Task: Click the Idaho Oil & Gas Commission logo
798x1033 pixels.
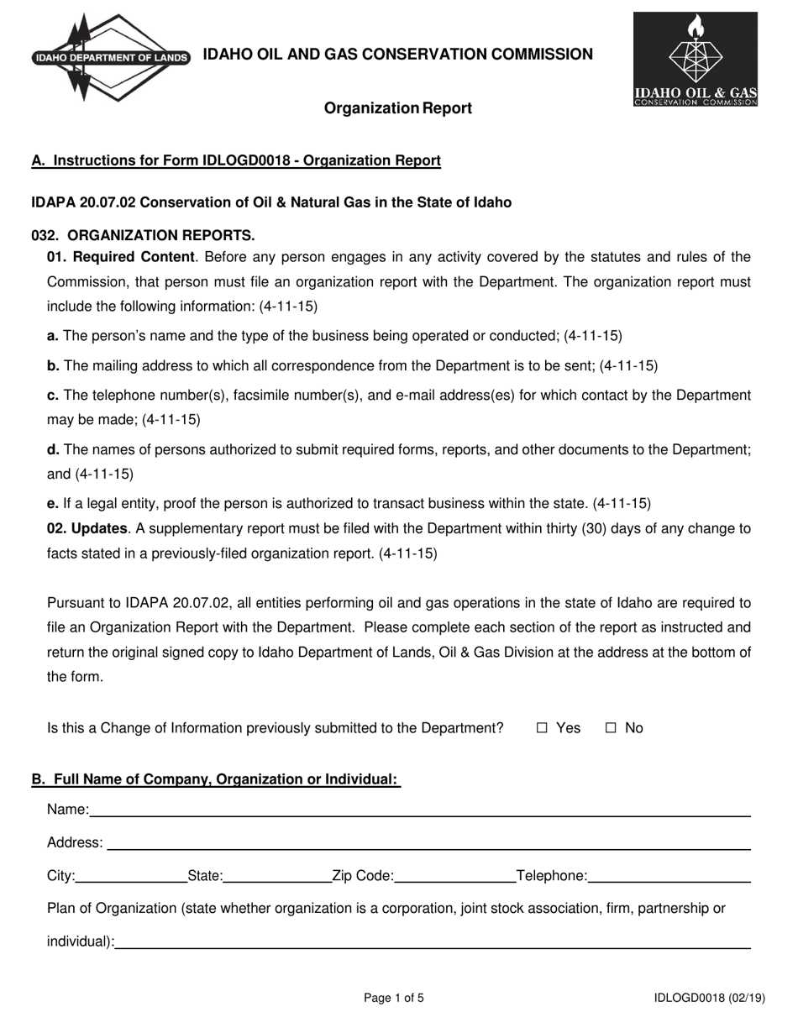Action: coord(696,60)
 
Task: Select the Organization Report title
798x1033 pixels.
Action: coord(398,108)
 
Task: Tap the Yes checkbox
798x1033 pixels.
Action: coord(542,728)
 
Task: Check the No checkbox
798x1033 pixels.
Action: coord(612,728)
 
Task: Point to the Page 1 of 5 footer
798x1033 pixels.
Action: coord(394,999)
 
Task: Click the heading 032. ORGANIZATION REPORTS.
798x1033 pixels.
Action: coord(143,235)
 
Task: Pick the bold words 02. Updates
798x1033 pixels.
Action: coord(87,529)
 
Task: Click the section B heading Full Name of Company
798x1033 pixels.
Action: coord(215,779)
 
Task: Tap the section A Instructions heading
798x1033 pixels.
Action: coord(235,160)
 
